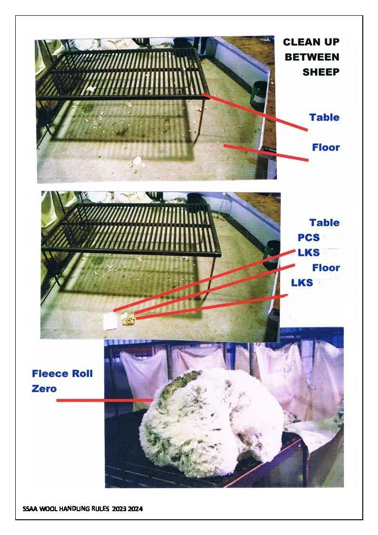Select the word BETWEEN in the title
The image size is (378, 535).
pyautogui.click(x=312, y=57)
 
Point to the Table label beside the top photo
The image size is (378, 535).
pyautogui.click(x=324, y=117)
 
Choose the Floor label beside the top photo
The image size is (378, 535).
pyautogui.click(x=326, y=147)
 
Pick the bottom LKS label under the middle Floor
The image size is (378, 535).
pyautogui.click(x=302, y=283)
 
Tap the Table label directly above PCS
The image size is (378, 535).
pyautogui.click(x=324, y=222)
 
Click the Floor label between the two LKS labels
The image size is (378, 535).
pyautogui.click(x=326, y=268)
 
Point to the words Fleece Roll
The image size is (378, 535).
pyautogui.click(x=62, y=373)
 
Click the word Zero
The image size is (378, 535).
pyautogui.click(x=44, y=388)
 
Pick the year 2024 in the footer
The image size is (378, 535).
pyautogui.click(x=135, y=509)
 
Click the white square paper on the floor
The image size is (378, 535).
pyautogui.click(x=110, y=321)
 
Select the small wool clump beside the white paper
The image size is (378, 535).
pyautogui.click(x=128, y=319)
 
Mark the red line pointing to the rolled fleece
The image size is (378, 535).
pyautogui.click(x=102, y=400)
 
